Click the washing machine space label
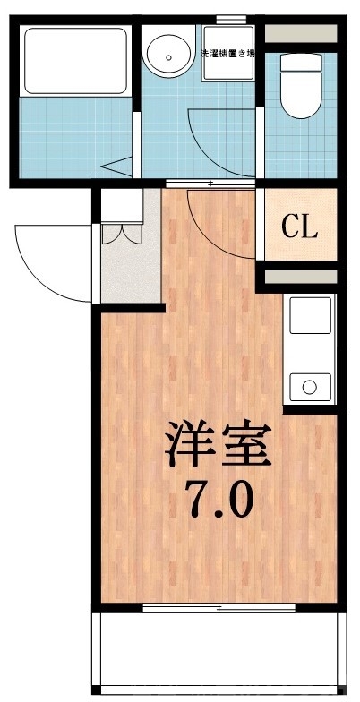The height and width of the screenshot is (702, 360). click(228, 53)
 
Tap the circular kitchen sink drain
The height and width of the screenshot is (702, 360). click(310, 388)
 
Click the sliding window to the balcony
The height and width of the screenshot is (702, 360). click(219, 608)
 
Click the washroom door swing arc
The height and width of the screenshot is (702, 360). click(224, 143)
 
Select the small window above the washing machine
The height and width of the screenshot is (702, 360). click(231, 20)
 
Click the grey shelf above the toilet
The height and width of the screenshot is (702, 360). click(303, 34)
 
